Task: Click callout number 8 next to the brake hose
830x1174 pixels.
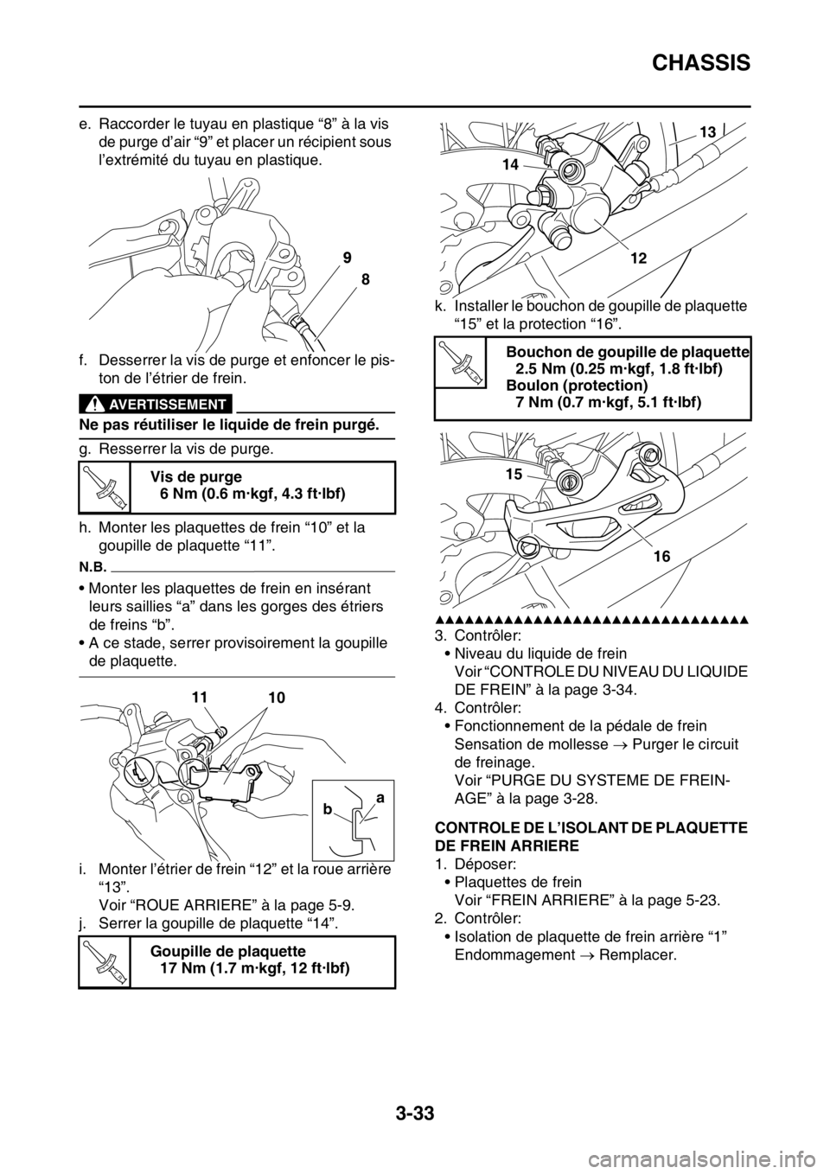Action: pos(366,293)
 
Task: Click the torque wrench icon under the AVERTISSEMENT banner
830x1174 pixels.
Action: pos(105,487)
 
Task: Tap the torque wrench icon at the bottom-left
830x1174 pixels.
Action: pos(105,962)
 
